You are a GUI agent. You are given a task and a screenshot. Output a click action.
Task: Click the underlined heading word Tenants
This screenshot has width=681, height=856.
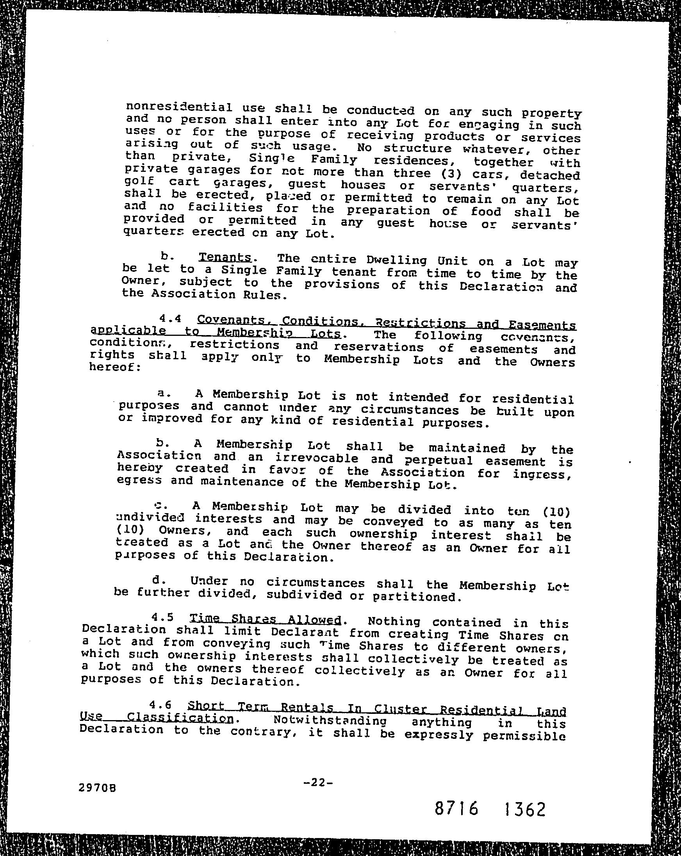[225, 257]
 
